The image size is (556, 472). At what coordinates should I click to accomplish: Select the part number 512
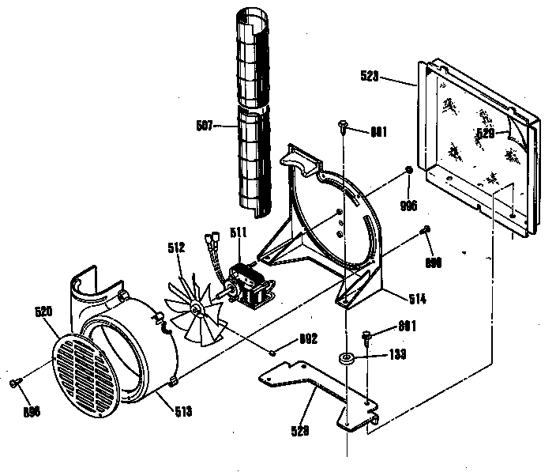(x=176, y=248)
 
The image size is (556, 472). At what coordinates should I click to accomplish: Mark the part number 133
(x=398, y=356)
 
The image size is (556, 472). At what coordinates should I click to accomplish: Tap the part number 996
(x=408, y=206)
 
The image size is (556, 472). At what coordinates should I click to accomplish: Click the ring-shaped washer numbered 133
(x=346, y=360)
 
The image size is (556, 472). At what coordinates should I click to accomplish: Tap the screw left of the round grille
(x=15, y=383)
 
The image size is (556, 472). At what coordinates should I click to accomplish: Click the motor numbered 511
(x=247, y=287)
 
